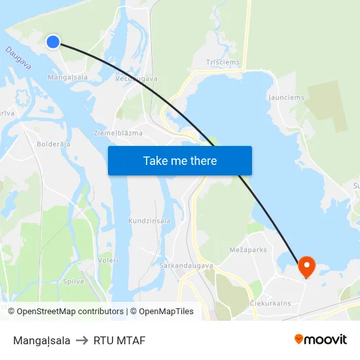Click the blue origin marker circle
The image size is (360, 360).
[x=53, y=42]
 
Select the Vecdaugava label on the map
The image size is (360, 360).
[x=136, y=79]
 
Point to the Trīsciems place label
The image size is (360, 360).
[x=223, y=63]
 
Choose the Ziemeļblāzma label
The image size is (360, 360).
[x=118, y=133]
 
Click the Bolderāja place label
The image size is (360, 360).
[x=54, y=144]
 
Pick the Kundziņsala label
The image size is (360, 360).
[x=149, y=221]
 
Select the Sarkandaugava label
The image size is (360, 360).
[x=187, y=266]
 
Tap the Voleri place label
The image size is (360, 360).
[x=108, y=260]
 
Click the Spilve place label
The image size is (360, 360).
[x=73, y=281]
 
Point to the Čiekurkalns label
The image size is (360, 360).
[x=270, y=304]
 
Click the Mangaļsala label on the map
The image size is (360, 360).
[x=68, y=77]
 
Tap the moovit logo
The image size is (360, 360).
[x=321, y=339]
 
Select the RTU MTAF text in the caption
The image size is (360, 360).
[x=119, y=340]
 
